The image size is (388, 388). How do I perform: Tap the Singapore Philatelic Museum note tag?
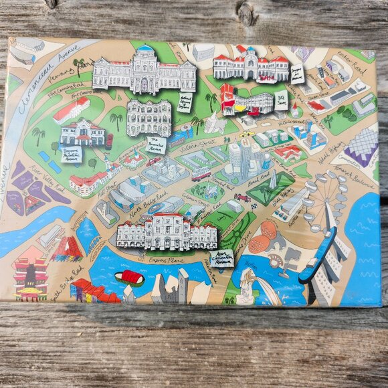pos(72,155)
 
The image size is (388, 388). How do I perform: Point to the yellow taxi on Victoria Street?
pos(247,134)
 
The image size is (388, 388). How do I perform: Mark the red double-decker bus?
pos(201,174)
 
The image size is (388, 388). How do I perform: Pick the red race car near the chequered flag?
pos(242,198)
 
